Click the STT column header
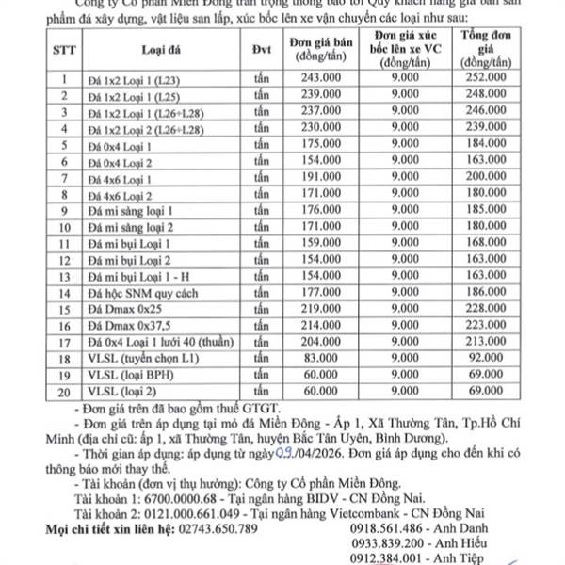pyautogui.click(x=64, y=51)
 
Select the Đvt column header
pyautogui.click(x=263, y=51)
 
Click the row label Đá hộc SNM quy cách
pyautogui.click(x=135, y=297)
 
